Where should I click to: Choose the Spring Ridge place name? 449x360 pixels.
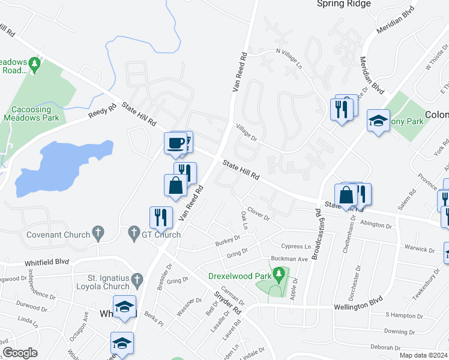pos(344,4)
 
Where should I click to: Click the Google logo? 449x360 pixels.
pos(20,353)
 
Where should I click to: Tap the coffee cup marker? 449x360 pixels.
pos(175,143)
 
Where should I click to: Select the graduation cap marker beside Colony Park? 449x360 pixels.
pos(379,121)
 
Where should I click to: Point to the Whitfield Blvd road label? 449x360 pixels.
pos(47,262)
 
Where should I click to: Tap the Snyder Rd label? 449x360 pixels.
pos(228,304)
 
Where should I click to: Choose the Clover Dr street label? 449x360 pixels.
pos(259,214)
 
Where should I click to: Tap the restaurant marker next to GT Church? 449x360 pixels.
pos(161,217)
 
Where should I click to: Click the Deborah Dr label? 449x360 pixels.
pos(385,347)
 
